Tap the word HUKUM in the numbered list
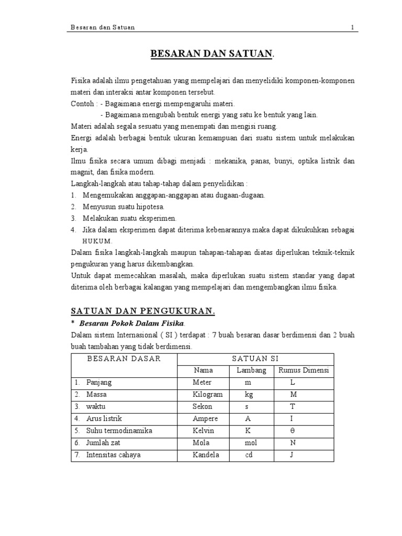click(x=97, y=241)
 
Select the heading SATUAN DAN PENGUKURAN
click(x=143, y=311)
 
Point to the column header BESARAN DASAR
click(x=124, y=359)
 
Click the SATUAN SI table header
click(x=255, y=359)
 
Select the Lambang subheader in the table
click(x=252, y=371)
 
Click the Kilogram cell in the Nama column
click(x=207, y=394)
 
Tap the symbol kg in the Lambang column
click(x=249, y=394)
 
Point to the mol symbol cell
click(x=251, y=443)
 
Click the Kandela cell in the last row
click(x=206, y=455)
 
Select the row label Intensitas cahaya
click(x=114, y=455)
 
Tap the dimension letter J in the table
click(x=293, y=455)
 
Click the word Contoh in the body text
click(x=81, y=104)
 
